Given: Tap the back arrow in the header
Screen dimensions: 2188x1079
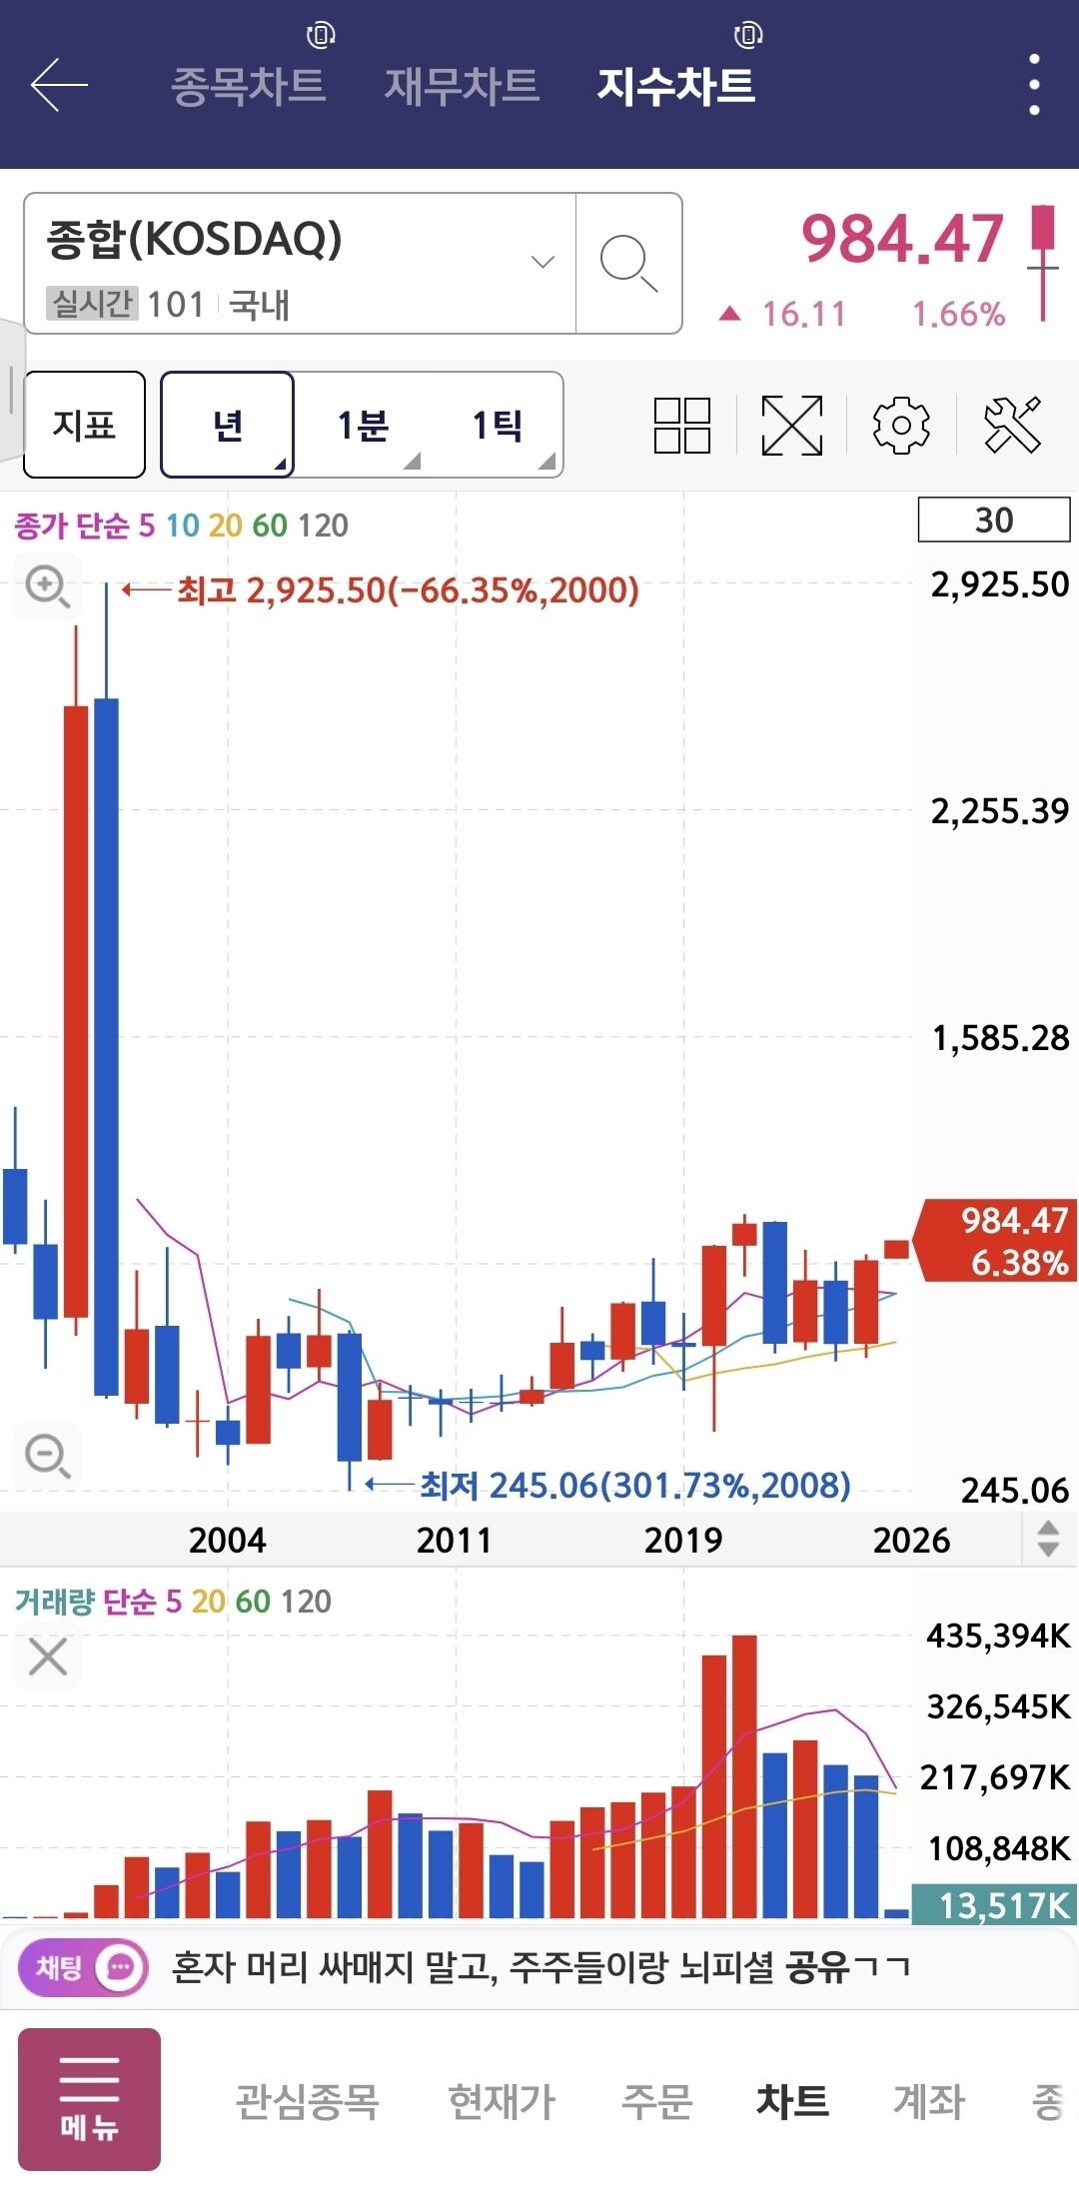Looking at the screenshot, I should coord(59,85).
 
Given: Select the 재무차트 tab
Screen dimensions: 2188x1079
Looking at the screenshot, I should coord(462,85).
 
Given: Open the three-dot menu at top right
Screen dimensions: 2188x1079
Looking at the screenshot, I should coord(1034,85).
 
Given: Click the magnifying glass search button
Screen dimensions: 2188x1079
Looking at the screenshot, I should coord(628,263).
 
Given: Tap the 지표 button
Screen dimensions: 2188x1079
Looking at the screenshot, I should coord(84,425).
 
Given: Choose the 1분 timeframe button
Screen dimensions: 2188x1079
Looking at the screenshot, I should coord(363,426).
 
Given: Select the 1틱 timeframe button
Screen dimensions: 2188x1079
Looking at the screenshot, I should coord(498,426).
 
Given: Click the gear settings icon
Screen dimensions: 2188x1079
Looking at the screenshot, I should coord(901,426).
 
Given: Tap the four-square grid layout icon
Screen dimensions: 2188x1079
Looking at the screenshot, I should coord(682,426).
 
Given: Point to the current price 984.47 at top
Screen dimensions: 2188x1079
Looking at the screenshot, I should coord(902,240).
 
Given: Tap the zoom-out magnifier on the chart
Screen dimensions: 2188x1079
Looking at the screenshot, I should coord(47,1456).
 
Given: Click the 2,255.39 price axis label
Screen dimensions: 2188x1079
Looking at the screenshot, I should coord(999,811).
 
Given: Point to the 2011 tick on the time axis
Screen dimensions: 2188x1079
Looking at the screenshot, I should coord(455,1540).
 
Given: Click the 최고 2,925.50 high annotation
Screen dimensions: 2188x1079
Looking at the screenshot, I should coord(408,590).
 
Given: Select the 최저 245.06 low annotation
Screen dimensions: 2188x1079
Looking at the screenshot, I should coord(634,1486).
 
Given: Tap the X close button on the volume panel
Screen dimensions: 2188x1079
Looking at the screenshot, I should coord(48,1656).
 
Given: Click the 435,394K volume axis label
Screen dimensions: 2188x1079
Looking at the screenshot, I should coord(998,1636).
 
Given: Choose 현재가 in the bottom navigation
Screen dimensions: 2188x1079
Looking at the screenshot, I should coord(502,2101).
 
